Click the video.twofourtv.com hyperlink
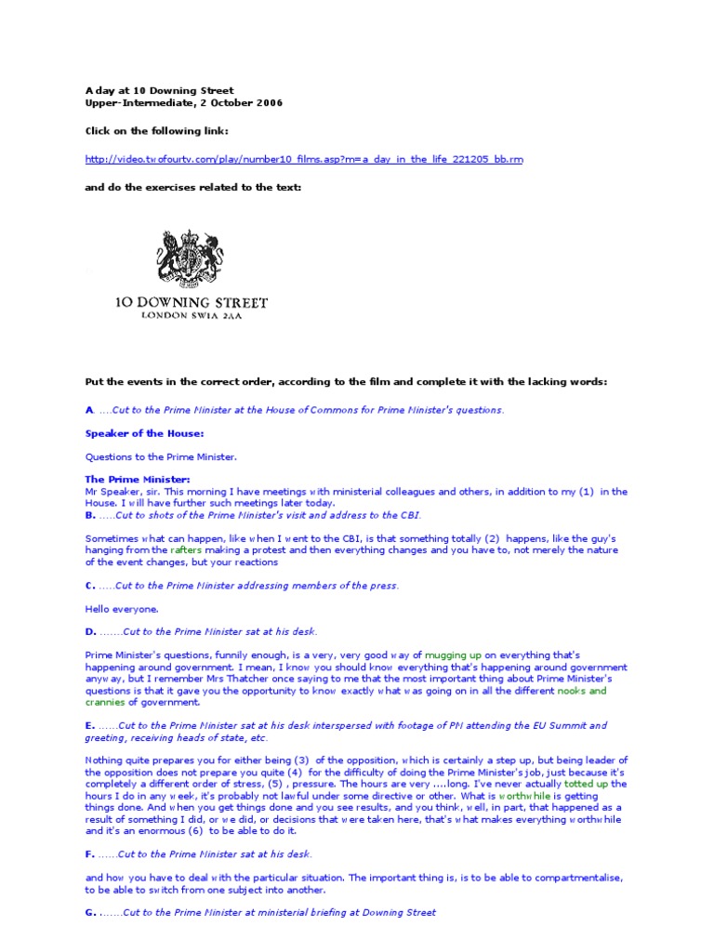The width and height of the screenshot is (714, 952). click(x=304, y=159)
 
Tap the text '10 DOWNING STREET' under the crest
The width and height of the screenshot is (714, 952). click(x=191, y=302)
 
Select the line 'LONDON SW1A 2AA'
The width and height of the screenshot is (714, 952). click(x=191, y=315)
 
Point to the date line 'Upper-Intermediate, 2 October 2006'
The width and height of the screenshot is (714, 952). click(x=184, y=102)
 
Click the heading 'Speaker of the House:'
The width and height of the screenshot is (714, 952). click(x=144, y=432)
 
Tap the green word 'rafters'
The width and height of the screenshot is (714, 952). click(x=185, y=550)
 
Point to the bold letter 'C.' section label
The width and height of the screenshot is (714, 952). click(x=90, y=586)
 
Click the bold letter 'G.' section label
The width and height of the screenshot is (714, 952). click(x=90, y=913)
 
